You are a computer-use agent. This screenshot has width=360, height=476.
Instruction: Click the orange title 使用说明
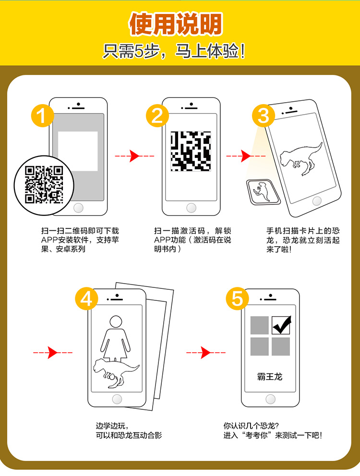coord(176,24)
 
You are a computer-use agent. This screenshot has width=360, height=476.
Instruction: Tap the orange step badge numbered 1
coord(43,116)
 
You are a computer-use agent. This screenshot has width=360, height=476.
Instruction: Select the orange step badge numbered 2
coord(157,116)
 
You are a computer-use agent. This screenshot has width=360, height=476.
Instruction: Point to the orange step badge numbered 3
coord(264,116)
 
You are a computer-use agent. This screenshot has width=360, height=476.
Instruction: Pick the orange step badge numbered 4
coord(86,299)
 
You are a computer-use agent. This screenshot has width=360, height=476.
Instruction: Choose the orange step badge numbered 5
coord(237,299)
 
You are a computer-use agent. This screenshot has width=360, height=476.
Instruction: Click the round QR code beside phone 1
coord(44,185)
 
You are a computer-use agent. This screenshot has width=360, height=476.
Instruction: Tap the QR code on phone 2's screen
coord(191,151)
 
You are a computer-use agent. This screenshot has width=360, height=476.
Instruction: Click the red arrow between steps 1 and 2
coord(134,156)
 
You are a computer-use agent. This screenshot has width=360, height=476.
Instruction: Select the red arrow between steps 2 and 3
coord(246,156)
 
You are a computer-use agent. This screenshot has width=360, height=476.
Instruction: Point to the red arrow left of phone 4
coord(53,353)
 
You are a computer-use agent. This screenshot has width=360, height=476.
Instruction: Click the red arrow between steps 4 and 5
coord(206,353)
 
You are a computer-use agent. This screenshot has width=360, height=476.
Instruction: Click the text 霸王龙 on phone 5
coord(270,377)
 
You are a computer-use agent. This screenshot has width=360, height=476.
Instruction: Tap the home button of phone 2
coord(191,208)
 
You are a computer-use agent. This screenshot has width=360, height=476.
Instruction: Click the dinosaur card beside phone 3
coord(263,192)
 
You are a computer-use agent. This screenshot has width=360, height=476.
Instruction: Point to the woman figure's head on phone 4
coord(116,322)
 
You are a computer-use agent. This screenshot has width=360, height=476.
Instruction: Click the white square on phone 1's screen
coord(78,151)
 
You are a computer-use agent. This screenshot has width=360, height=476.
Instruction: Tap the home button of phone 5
coord(270,399)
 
